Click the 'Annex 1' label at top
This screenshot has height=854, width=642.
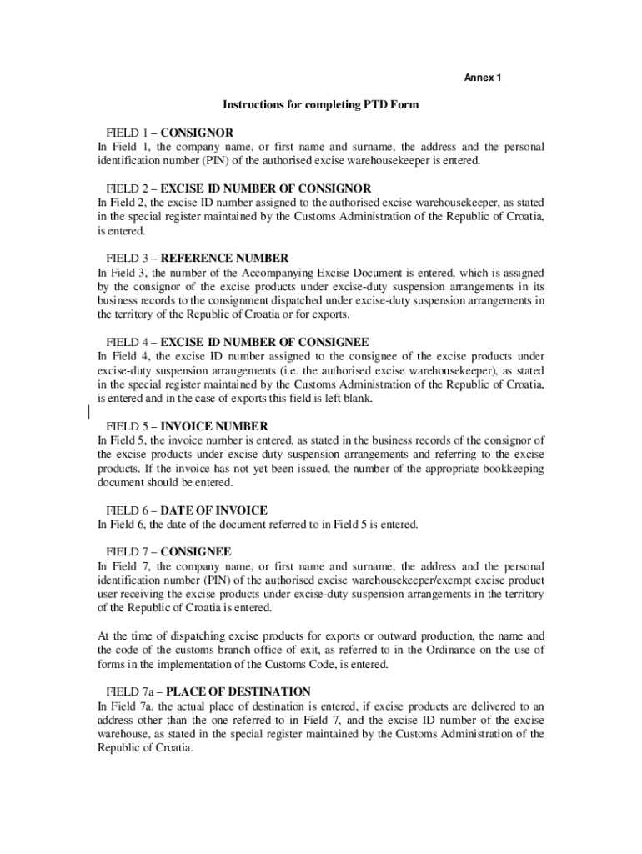(x=482, y=78)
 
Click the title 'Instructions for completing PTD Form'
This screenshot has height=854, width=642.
(x=320, y=105)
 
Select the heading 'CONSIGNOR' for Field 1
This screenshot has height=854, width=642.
(x=197, y=133)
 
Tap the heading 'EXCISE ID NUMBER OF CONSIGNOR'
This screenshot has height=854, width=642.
(x=265, y=188)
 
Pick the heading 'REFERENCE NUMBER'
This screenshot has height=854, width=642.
(x=224, y=259)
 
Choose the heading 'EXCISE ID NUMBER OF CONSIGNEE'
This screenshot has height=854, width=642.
(x=264, y=343)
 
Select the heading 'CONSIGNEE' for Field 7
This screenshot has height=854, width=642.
(x=196, y=552)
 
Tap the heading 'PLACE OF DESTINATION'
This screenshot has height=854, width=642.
(x=235, y=691)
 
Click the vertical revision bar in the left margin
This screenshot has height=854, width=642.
(x=88, y=412)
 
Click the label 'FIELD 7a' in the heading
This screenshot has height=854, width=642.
(x=128, y=691)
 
